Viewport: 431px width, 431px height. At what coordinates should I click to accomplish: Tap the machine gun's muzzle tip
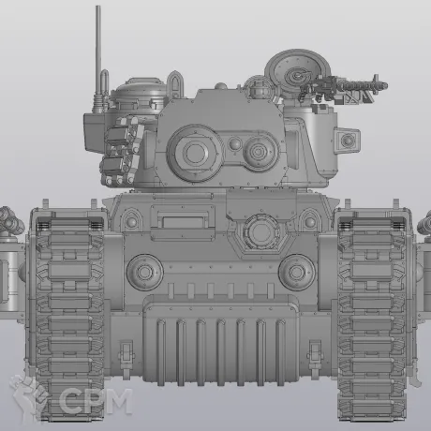pyautogui.click(x=386, y=85)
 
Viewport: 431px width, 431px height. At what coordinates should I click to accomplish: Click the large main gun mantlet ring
pyautogui.click(x=195, y=153)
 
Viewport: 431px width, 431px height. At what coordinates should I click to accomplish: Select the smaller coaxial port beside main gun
pyautogui.click(x=258, y=152)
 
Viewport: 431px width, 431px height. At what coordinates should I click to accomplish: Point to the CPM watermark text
pyautogui.click(x=96, y=401)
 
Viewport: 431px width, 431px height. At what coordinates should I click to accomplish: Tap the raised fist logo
pyautogui.click(x=27, y=396)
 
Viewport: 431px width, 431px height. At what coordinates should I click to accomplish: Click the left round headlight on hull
pyautogui.click(x=144, y=272)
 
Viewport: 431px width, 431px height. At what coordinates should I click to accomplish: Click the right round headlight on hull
pyautogui.click(x=296, y=272)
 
